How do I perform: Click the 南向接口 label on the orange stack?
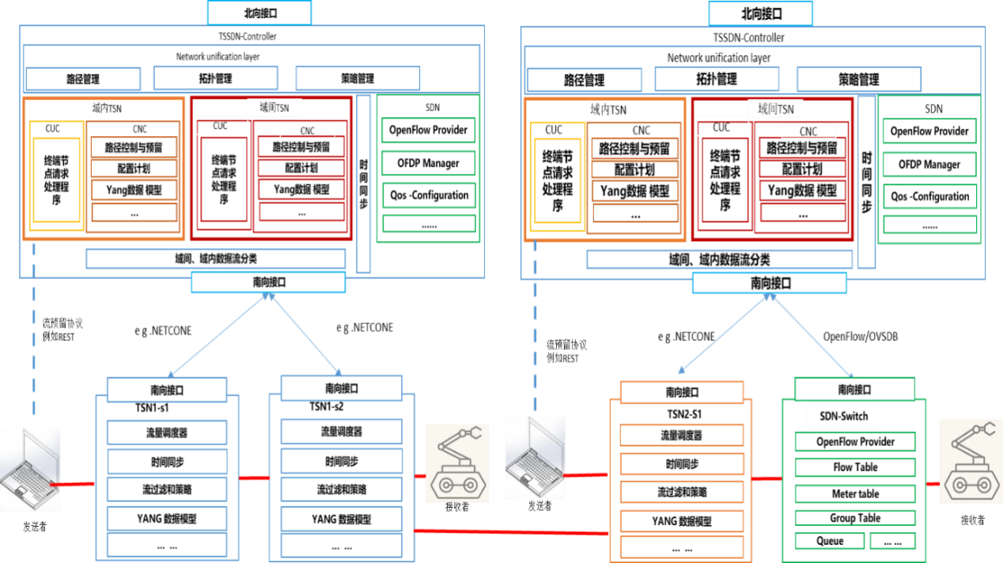point(682,392)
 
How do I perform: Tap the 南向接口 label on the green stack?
point(854,389)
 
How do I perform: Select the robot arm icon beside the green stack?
point(971,462)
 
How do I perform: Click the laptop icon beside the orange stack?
point(535,458)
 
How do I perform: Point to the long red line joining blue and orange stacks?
point(511,532)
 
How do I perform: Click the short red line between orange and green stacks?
point(766,478)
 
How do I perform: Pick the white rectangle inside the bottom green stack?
point(844,416)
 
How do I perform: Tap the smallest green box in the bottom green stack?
point(893,541)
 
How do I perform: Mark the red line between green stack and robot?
point(933,482)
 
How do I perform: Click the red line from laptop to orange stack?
point(586,475)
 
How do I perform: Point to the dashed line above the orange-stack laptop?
point(535,324)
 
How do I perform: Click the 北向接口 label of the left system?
point(259,13)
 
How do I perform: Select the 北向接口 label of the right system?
point(760,13)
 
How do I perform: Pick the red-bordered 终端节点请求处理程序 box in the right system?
point(725,180)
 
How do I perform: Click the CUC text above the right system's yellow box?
point(554,130)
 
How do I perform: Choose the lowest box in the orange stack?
point(682,546)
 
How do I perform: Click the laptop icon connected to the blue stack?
point(30,469)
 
